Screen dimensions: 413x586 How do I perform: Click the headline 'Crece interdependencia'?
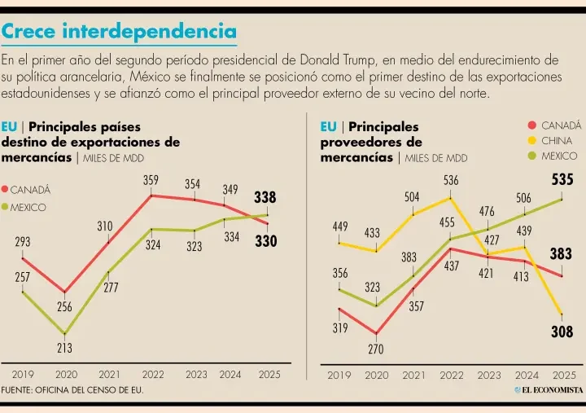(x=119, y=32)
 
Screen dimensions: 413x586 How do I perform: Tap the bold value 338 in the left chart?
(x=265, y=198)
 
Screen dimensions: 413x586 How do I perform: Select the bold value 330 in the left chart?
(x=265, y=241)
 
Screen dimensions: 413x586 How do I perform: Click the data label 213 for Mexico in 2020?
(x=64, y=348)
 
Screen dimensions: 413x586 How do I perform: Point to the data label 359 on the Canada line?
(x=151, y=180)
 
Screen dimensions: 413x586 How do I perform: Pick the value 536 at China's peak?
(x=451, y=180)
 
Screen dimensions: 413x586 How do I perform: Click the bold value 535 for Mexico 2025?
(x=562, y=179)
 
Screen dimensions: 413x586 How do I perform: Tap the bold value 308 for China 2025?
(x=562, y=332)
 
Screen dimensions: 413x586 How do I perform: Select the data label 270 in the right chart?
(x=376, y=349)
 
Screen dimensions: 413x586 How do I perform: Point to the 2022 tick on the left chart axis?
(x=152, y=376)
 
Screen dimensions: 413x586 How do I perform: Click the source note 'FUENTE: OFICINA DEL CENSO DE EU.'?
(x=73, y=391)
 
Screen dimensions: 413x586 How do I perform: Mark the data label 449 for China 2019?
(x=340, y=226)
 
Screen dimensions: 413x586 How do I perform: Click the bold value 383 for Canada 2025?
(x=561, y=254)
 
